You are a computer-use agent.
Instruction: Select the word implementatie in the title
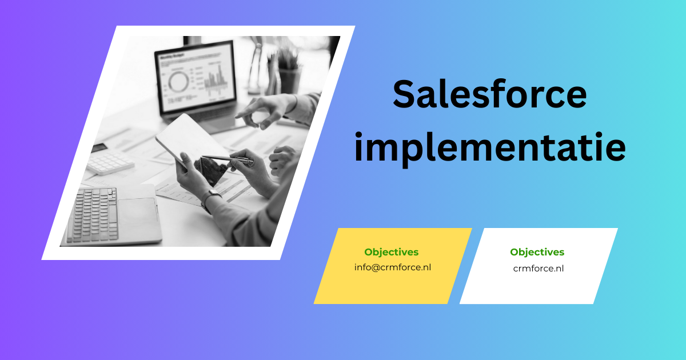[x=489, y=147]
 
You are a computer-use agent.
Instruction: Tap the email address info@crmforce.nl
[x=392, y=267]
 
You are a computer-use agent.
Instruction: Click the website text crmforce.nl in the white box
[x=538, y=268]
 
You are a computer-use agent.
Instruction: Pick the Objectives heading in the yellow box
[x=391, y=252]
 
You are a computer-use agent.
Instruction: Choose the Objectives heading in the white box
[x=537, y=252]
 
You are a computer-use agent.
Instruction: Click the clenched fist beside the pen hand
[x=282, y=158]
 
